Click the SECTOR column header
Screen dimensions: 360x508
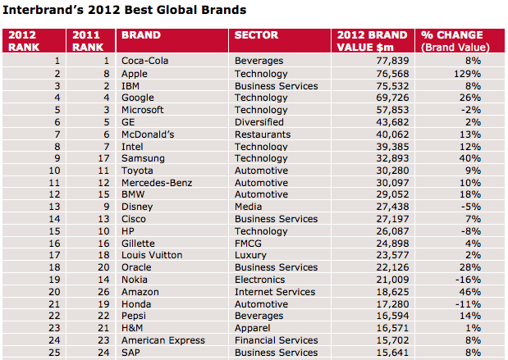click(x=256, y=35)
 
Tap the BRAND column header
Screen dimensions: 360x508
click(x=141, y=35)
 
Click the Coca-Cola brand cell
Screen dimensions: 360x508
click(x=145, y=61)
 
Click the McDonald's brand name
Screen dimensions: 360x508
click(x=148, y=134)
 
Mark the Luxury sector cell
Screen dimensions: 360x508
click(x=250, y=256)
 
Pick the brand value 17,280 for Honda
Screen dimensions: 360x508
click(x=389, y=304)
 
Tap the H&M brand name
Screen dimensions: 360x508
click(x=133, y=328)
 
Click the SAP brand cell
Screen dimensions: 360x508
click(x=131, y=353)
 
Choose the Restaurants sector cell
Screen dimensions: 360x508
click(x=262, y=134)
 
